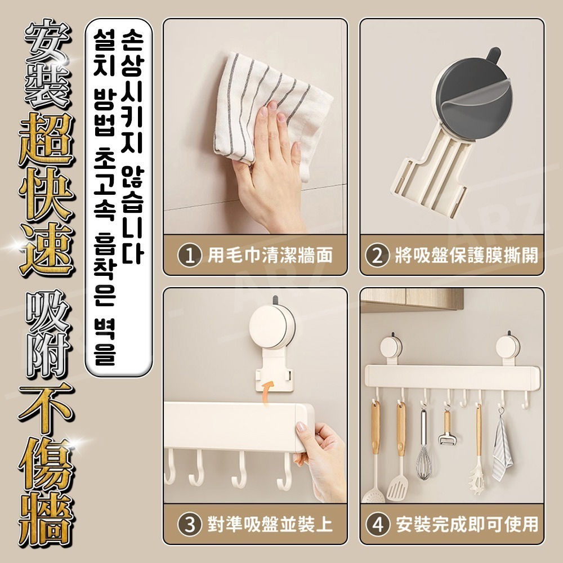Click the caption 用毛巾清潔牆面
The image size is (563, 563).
[270, 256]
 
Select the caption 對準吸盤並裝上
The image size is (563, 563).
[270, 525]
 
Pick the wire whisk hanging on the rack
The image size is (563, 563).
[423, 445]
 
